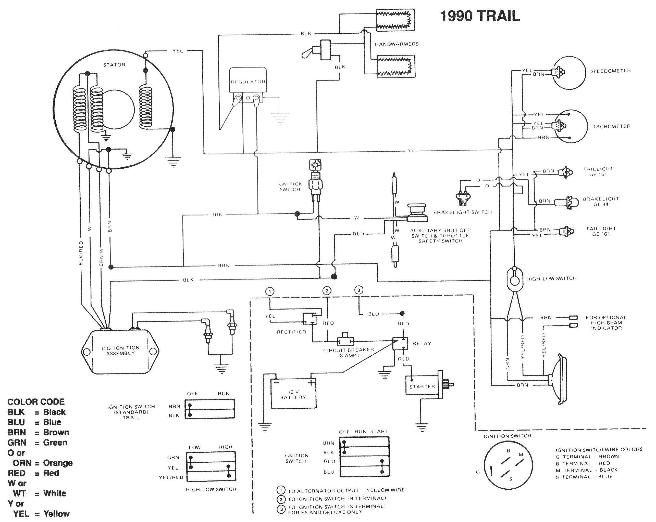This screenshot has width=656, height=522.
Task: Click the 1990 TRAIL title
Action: click(x=480, y=16)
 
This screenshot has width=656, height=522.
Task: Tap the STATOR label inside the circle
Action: click(x=114, y=65)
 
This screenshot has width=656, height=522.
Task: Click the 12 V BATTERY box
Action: click(x=293, y=394)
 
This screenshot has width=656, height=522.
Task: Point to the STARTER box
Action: click(x=422, y=386)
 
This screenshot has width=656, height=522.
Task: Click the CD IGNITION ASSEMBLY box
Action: click(x=120, y=351)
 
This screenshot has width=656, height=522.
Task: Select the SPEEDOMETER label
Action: click(x=610, y=71)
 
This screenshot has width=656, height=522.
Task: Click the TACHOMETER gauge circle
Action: click(x=572, y=126)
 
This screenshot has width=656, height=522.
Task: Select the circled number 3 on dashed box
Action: click(x=359, y=290)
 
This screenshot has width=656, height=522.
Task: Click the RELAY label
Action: click(x=422, y=344)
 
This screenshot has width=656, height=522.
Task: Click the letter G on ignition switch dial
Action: click(x=478, y=472)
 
